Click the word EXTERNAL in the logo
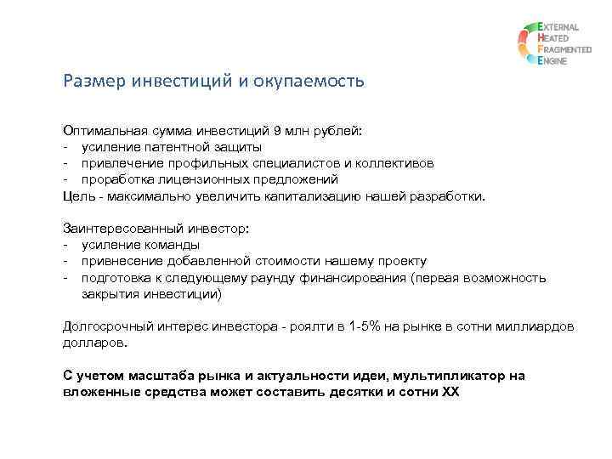pos(558,27)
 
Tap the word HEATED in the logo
pos(554,39)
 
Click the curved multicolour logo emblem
pos(524,45)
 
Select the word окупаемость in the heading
pos(315,82)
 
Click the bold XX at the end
pos(450,392)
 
